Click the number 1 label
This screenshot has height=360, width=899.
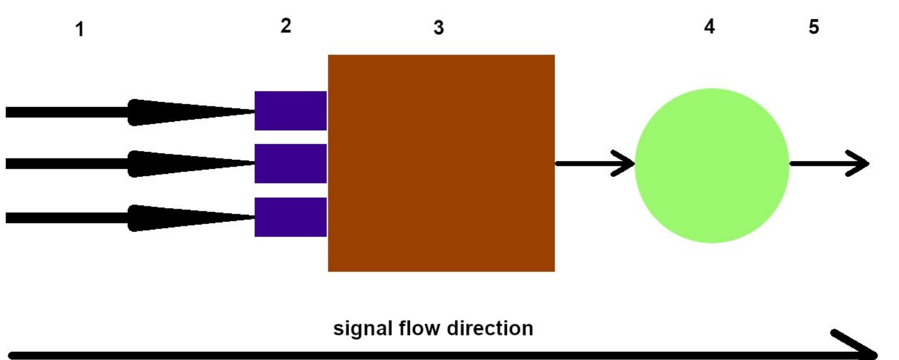click(79, 29)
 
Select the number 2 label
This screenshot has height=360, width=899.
click(286, 26)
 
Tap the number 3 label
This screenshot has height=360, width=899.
click(439, 28)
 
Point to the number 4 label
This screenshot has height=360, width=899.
click(709, 26)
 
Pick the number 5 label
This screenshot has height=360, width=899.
click(814, 27)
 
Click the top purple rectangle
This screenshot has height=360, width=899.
click(290, 110)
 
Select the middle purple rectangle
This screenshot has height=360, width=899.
click(290, 164)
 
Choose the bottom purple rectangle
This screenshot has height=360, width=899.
click(290, 217)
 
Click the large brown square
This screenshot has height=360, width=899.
click(441, 163)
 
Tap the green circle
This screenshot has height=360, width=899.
click(711, 165)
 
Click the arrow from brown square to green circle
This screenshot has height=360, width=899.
click(593, 164)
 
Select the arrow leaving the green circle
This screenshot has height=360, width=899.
click(828, 164)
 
